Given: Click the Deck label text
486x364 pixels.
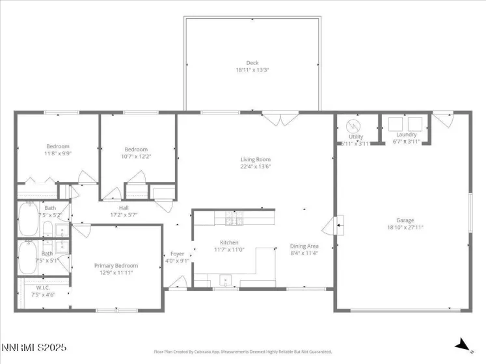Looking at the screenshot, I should pyautogui.click(x=252, y=63).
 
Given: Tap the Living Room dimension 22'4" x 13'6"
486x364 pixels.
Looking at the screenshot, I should pyautogui.click(x=255, y=166).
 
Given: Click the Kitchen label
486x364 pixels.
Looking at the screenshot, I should pyautogui.click(x=228, y=242).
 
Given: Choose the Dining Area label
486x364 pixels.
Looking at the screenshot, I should pyautogui.click(x=304, y=246).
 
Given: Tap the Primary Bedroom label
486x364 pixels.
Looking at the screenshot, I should pyautogui.click(x=116, y=265).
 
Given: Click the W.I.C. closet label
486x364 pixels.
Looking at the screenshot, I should pyautogui.click(x=44, y=287).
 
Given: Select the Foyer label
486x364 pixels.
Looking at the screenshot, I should pyautogui.click(x=177, y=253).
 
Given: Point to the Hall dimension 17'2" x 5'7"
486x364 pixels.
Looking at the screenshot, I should pyautogui.click(x=124, y=214).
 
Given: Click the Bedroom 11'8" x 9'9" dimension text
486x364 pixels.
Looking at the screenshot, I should pyautogui.click(x=57, y=153).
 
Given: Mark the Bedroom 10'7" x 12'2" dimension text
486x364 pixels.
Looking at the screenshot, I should pyautogui.click(x=136, y=156).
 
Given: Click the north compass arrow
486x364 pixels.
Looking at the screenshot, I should pyautogui.click(x=463, y=343).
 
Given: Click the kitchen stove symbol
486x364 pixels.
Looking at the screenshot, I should pyautogui.click(x=234, y=220).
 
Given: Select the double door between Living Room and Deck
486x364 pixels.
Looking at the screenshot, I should pyautogui.click(x=281, y=119).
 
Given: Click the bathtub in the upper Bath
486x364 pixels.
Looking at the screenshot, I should pyautogui.click(x=29, y=213).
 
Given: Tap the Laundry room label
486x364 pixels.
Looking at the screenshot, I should pyautogui.click(x=406, y=135).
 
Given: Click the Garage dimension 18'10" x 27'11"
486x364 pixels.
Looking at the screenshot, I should pyautogui.click(x=405, y=227).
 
